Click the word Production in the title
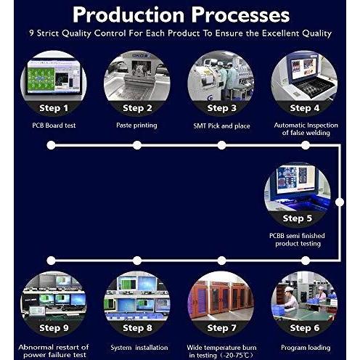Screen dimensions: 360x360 (x=128, y=15)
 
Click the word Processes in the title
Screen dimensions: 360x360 (x=240, y=15)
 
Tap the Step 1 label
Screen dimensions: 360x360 (x=54, y=108)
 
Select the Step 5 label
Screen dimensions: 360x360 (x=298, y=218)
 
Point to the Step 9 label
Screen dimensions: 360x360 (x=54, y=328)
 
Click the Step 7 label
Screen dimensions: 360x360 (x=221, y=328)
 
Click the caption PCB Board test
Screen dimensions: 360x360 (x=54, y=126)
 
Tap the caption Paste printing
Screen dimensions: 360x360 (x=136, y=126)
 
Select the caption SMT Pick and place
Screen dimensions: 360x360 (x=221, y=126)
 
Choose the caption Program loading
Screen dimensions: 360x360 (x=306, y=348)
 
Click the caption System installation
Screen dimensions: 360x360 (x=139, y=348)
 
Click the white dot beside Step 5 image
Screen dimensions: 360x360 (x=340, y=202)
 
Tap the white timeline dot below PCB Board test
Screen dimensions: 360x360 (x=51, y=145)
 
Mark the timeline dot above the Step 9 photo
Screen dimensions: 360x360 (x=51, y=261)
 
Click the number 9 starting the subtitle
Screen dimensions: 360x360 (x=31, y=33)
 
